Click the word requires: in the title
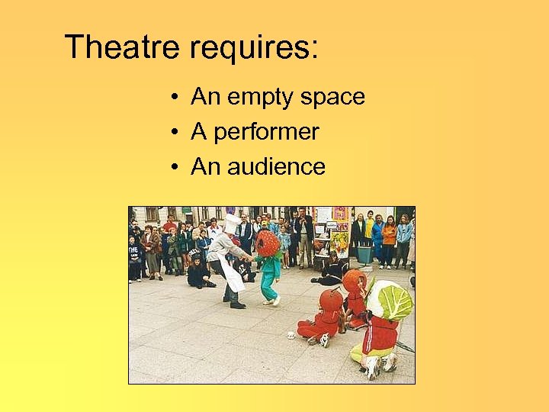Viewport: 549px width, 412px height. [x=254, y=49]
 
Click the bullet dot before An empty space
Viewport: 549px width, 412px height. [x=175, y=98]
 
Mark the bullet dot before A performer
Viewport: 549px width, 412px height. [x=175, y=132]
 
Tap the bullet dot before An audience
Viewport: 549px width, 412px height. [x=175, y=166]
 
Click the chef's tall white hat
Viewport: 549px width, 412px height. [x=231, y=223]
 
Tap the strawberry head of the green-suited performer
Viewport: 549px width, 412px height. [x=267, y=243]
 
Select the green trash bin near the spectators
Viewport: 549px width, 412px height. [x=364, y=254]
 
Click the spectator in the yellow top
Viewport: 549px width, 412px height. [x=370, y=227]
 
